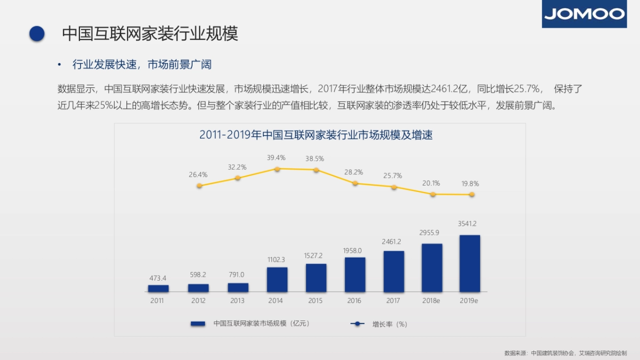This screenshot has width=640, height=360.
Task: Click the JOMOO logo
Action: tap(584, 14)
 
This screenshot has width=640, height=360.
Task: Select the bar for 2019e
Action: tap(469, 263)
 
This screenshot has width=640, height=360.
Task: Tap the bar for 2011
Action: tap(158, 289)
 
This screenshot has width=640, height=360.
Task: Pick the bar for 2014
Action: tap(277, 279)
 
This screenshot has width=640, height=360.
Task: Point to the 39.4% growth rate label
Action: tap(276, 158)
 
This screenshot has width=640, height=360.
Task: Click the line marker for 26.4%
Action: tap(199, 186)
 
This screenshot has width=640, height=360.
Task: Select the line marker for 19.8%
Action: tap(471, 195)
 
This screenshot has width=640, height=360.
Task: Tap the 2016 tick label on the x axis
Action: tap(354, 301)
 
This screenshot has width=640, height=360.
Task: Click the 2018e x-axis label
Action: tap(431, 301)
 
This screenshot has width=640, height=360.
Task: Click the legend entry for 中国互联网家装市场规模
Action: tap(251, 323)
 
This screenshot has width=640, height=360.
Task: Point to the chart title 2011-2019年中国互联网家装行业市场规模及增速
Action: tap(316, 135)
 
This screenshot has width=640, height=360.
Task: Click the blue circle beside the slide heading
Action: tap(36, 34)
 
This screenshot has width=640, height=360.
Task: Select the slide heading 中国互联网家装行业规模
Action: tap(150, 33)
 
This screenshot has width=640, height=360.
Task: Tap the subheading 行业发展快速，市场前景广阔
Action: tap(142, 65)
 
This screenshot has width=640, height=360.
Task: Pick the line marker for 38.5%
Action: tap(316, 170)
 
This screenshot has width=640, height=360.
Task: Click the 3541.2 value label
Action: tap(468, 223)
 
